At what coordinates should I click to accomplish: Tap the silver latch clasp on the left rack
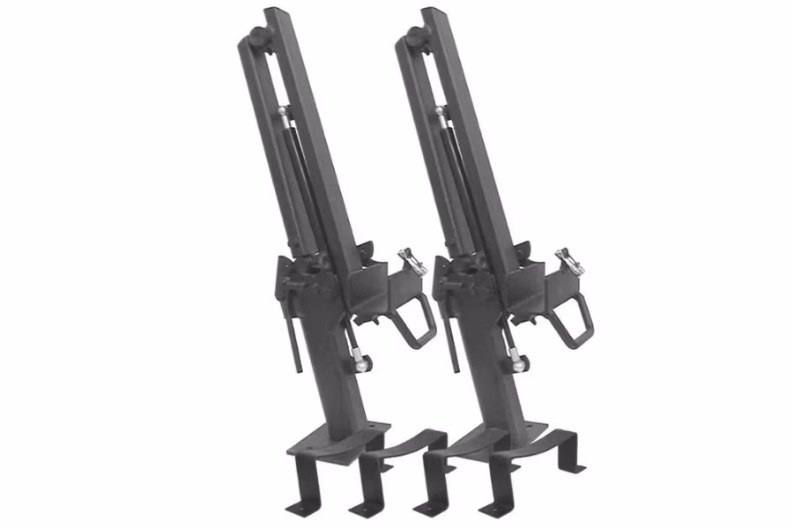pos(411,261)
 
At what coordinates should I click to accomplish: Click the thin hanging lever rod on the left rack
pos(296,339)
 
